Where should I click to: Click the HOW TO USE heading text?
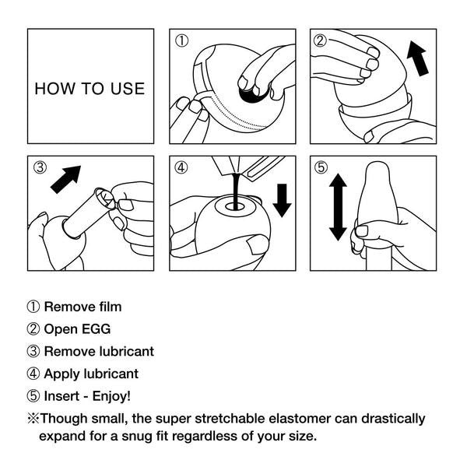point(90,88)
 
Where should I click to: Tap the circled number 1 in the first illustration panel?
point(181,40)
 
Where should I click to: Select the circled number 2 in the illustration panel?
point(319,40)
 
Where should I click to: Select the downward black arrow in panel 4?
point(282,198)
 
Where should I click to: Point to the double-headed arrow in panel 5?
point(338,207)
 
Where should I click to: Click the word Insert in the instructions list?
point(61,396)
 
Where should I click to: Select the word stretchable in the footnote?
point(220,419)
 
